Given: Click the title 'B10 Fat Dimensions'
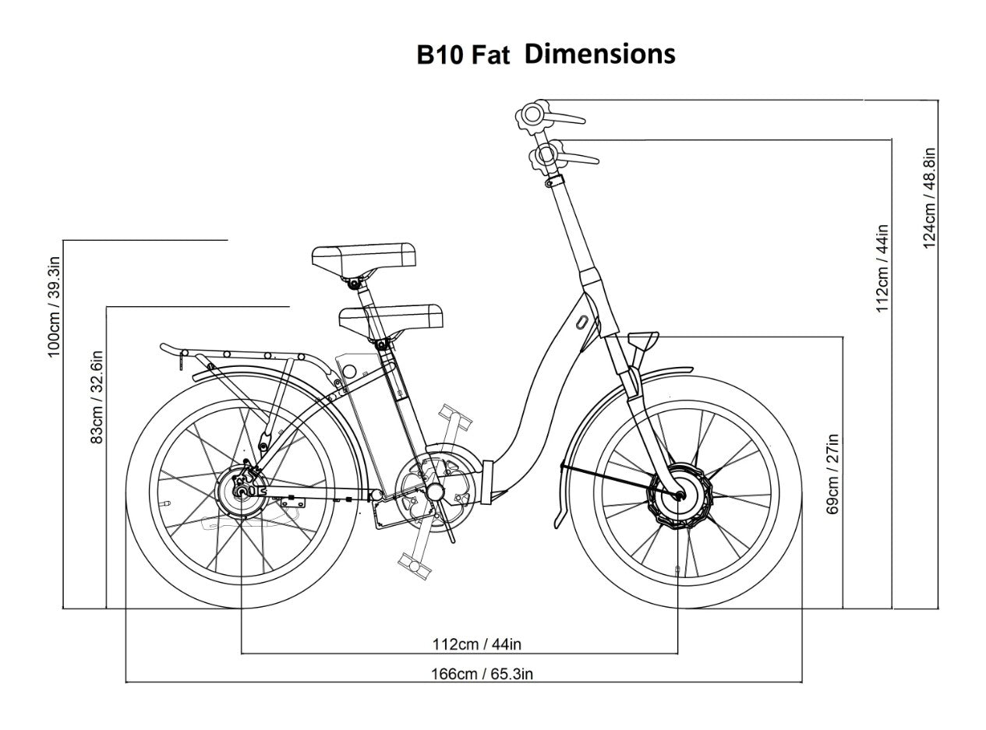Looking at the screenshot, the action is click(x=546, y=55).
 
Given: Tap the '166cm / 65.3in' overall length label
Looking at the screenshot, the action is click(x=482, y=674).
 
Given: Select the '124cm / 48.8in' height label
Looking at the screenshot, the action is click(x=930, y=198).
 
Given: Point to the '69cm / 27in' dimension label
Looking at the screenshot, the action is click(x=832, y=474).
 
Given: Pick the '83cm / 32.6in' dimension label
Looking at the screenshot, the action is click(x=97, y=397).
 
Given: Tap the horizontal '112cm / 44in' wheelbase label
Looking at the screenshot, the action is click(x=476, y=644).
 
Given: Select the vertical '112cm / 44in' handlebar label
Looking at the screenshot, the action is click(x=882, y=268).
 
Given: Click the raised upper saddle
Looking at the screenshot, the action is click(x=364, y=257).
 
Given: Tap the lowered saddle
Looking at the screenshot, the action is click(x=391, y=317).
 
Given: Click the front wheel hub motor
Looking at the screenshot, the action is click(x=677, y=495).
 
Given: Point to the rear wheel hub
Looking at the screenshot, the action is click(x=242, y=491).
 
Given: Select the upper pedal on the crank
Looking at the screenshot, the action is click(x=454, y=416).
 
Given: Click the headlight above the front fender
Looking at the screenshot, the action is click(x=643, y=340).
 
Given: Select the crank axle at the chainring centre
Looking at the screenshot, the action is click(x=435, y=492).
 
